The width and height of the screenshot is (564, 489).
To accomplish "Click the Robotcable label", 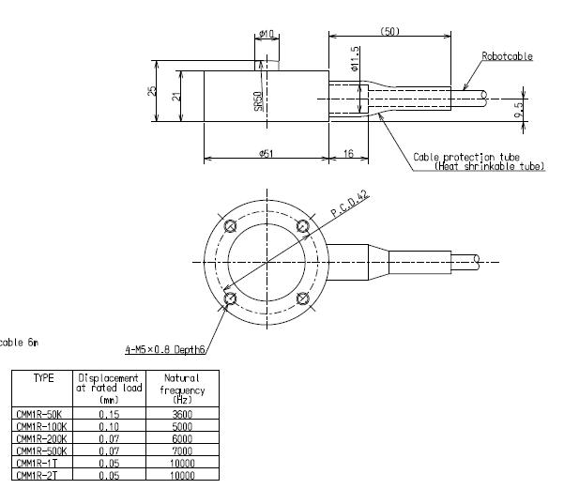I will (x=507, y=56).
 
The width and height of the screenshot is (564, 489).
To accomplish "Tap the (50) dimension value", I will (x=389, y=31).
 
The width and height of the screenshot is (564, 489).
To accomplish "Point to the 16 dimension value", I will (x=349, y=153).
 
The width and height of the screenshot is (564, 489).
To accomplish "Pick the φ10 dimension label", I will (x=266, y=35).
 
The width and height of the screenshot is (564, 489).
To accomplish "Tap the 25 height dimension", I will (x=152, y=91).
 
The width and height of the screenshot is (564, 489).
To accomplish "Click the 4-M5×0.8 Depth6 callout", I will (x=165, y=350).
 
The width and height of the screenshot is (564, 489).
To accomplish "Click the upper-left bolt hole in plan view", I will (x=230, y=226).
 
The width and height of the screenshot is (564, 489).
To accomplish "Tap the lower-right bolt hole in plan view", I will (x=302, y=298).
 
